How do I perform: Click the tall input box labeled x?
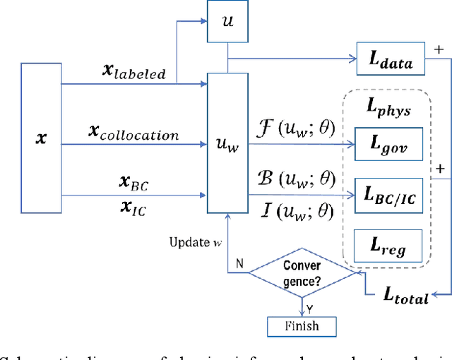(41, 137)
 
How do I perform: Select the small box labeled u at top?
(227, 21)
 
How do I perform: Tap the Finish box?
(302, 325)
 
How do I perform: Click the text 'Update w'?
(193, 243)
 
